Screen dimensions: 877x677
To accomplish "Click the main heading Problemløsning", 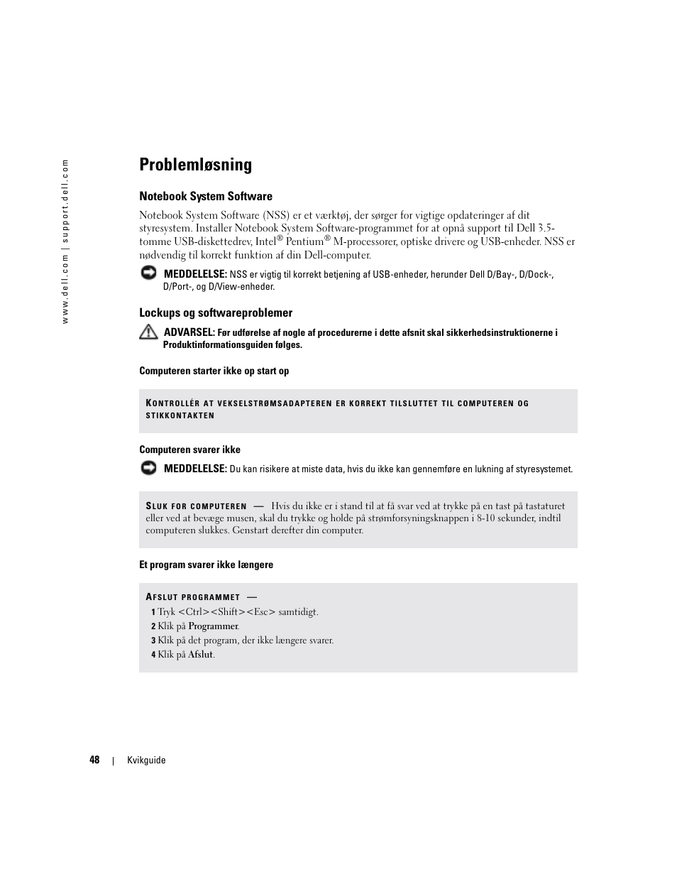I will [195, 165].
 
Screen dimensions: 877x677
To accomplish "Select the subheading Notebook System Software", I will [206, 197].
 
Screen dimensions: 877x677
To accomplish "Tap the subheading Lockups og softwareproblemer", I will [216, 313].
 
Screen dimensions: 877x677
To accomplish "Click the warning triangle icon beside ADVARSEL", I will [148, 332].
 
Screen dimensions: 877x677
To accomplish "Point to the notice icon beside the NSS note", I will [148, 273].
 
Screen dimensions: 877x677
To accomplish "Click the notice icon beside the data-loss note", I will [148, 467].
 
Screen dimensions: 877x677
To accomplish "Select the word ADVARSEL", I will [189, 332].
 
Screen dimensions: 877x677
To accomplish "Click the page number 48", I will [94, 760].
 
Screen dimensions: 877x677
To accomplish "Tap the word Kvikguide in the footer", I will [146, 761].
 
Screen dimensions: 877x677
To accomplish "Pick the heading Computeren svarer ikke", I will [189, 450].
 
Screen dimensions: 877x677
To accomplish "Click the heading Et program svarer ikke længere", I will [206, 565].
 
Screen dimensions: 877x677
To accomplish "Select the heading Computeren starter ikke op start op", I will [214, 371].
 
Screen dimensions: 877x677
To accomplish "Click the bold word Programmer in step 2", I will [213, 626].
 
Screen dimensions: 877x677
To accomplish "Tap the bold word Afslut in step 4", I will [200, 655].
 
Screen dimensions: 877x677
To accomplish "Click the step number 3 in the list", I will [153, 641].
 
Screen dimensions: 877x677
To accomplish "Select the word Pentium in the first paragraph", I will [304, 242].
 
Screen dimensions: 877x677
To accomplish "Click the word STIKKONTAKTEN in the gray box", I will [180, 415].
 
